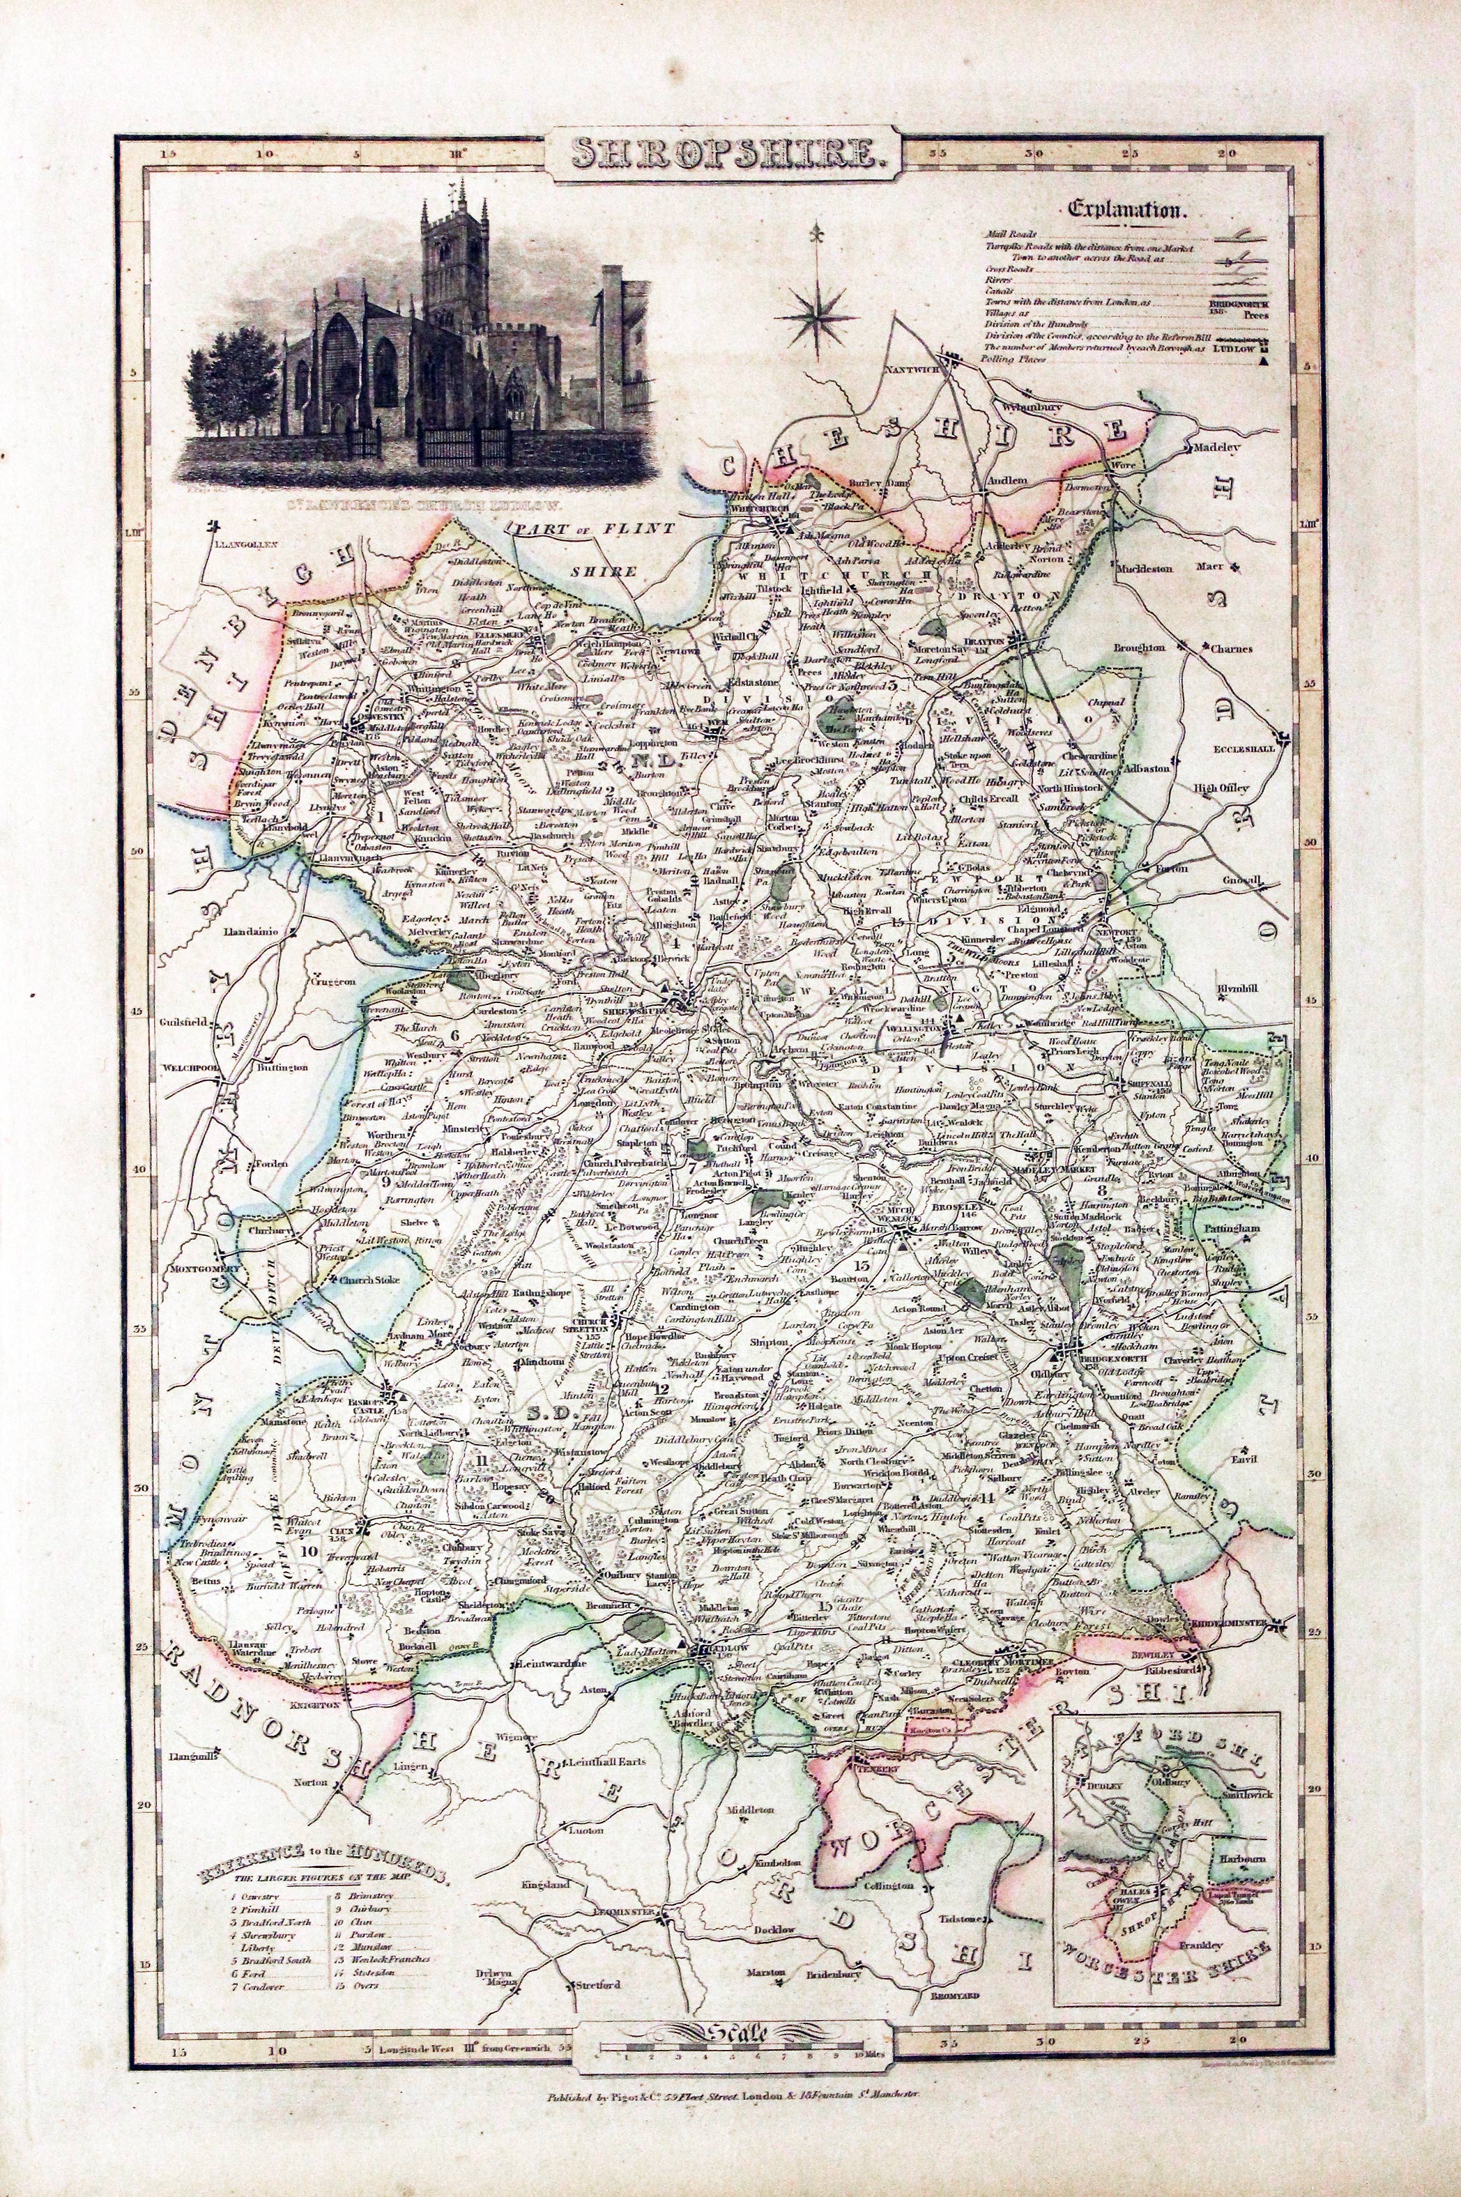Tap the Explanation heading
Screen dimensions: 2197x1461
click(x=1129, y=210)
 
